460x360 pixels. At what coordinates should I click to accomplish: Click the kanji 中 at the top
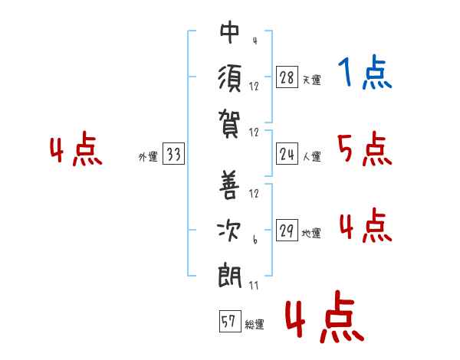coord(229,32)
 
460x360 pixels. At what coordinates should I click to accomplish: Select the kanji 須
coord(229,79)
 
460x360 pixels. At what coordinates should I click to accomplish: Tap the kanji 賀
coord(229,123)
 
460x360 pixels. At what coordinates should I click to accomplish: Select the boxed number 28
coord(287,77)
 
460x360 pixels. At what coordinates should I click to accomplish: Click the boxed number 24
coord(287,154)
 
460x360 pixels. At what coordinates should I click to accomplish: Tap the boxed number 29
coord(287,230)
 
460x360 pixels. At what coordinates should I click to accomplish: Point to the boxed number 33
coord(173,153)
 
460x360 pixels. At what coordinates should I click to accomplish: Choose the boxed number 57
coord(230,321)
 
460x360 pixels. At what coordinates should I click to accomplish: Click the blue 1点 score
coord(365,73)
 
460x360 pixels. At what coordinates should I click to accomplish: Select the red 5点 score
coord(365,149)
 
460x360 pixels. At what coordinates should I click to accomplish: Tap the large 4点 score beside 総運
coord(324,316)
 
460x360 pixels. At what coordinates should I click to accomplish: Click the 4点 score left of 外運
coord(76,149)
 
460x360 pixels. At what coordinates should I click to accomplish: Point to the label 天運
coord(311,80)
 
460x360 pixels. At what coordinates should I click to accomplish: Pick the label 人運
coord(311,156)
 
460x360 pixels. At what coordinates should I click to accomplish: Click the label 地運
coord(311,233)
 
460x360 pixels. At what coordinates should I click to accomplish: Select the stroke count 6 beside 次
coord(255,240)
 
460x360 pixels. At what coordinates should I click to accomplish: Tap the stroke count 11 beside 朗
coord(254,285)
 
